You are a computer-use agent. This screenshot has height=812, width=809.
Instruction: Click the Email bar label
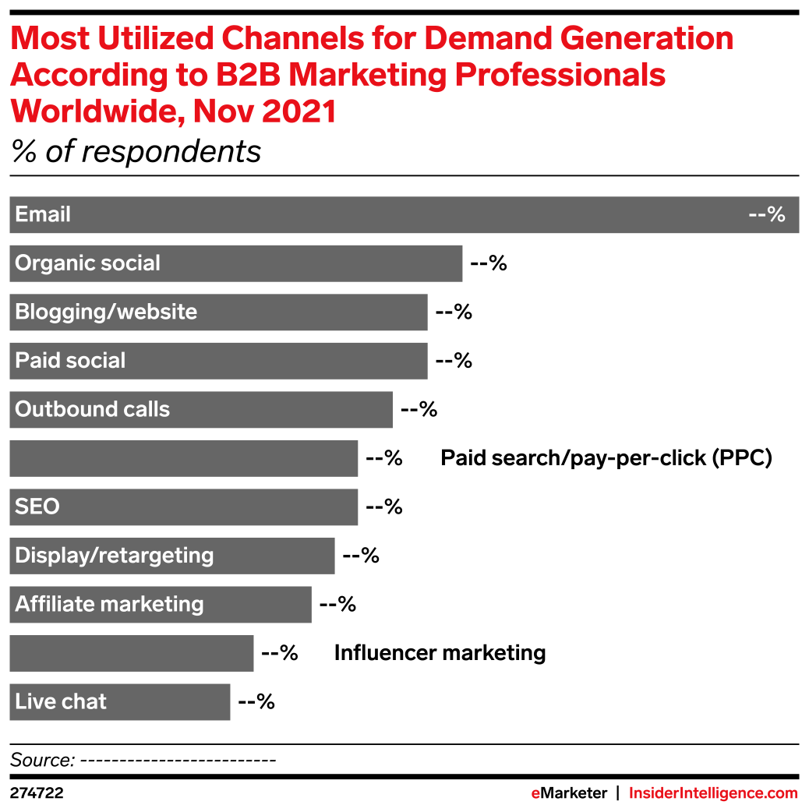(43, 215)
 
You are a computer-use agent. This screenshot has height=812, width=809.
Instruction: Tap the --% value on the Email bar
(766, 215)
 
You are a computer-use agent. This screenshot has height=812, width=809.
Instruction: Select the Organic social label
(87, 263)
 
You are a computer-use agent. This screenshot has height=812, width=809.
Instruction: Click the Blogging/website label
(106, 312)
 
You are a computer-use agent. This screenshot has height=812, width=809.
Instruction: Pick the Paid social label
(70, 361)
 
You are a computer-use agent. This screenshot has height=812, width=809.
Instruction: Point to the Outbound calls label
(92, 410)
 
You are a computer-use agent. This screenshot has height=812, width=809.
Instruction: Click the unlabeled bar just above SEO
(183, 458)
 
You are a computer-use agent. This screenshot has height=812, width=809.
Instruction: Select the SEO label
(37, 507)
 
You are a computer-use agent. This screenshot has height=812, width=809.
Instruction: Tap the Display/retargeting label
(114, 556)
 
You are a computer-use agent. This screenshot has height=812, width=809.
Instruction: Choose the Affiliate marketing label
(109, 605)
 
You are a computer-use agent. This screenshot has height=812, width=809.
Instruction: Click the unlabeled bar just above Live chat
(131, 653)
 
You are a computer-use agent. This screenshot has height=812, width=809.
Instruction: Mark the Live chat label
(61, 702)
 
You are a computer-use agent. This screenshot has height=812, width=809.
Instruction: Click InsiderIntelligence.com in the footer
(713, 793)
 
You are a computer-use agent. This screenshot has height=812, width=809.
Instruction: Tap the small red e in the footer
(535, 793)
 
